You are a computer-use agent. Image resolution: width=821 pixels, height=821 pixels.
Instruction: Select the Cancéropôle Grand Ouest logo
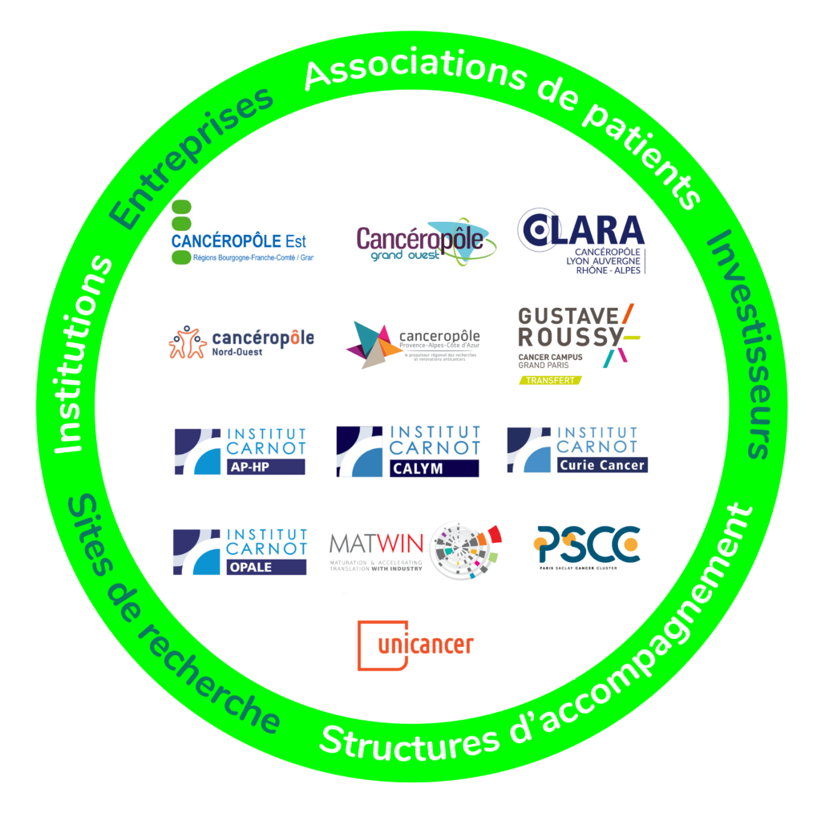(425, 241)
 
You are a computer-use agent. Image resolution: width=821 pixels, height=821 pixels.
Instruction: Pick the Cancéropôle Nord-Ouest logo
(241, 342)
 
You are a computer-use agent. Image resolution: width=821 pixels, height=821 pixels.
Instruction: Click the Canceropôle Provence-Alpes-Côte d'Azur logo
(414, 343)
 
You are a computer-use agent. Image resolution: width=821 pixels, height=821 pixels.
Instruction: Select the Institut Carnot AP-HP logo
(240, 451)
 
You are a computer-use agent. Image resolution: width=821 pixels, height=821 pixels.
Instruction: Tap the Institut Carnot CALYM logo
(407, 451)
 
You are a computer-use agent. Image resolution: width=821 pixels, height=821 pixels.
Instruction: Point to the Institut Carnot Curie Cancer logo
(576, 450)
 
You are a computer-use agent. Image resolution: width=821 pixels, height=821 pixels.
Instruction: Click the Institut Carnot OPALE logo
(240, 551)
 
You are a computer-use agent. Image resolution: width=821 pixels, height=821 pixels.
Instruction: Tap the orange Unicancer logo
(415, 644)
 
